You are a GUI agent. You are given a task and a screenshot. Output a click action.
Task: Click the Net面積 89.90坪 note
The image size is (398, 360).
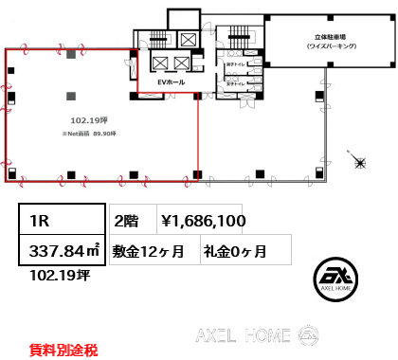pos(90,134)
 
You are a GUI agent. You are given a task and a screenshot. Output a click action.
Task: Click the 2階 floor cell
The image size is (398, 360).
pos(126,221)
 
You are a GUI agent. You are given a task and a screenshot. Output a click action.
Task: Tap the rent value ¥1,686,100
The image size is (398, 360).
pos(204,221)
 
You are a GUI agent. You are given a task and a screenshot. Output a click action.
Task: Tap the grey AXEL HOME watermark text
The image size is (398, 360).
pos(242,334)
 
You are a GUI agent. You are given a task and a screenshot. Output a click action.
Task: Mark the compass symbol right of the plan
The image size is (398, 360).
pos(360,163)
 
